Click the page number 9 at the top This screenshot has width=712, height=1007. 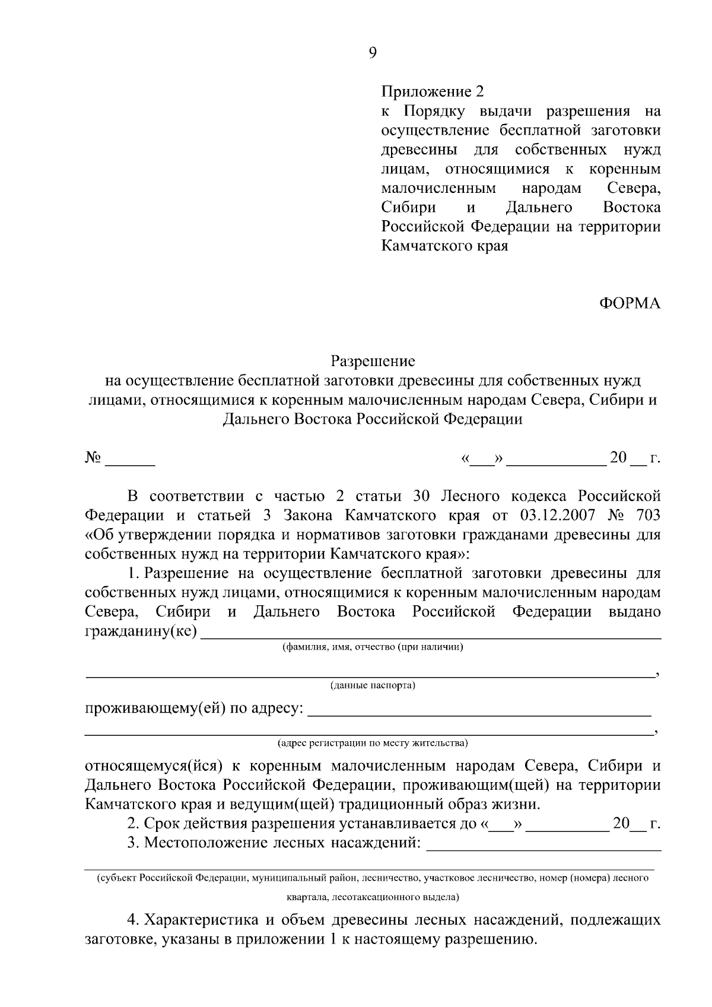pyautogui.click(x=372, y=53)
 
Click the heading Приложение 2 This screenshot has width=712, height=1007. pyautogui.click(x=433, y=92)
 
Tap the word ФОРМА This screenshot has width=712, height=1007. pyautogui.click(x=628, y=303)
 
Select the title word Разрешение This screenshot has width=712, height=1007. pyautogui.click(x=373, y=361)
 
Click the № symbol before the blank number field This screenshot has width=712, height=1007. pyautogui.click(x=93, y=458)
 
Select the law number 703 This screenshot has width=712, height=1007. pyautogui.click(x=647, y=515)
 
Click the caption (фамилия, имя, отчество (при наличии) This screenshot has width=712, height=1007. pyautogui.click(x=373, y=647)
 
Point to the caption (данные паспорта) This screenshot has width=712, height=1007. pyautogui.click(x=373, y=686)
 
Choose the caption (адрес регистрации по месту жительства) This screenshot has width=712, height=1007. pyautogui.click(x=373, y=743)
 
